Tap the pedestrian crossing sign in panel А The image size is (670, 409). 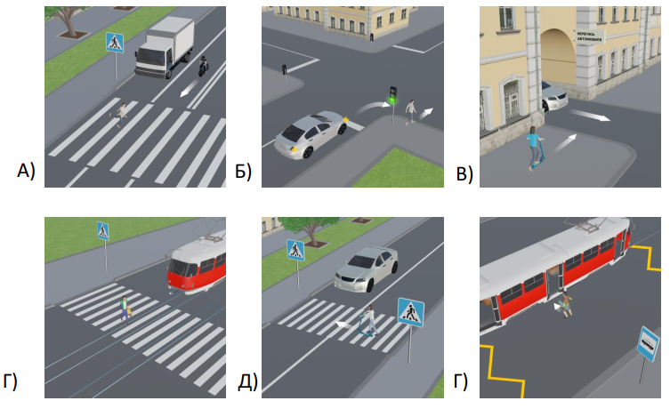click(115, 42)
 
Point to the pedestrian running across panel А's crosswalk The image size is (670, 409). click(120, 113)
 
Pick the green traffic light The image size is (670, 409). click(392, 93)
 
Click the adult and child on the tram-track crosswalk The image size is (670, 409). click(125, 308)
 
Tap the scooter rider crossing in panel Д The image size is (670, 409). click(366, 322)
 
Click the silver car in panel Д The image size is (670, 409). click(366, 268)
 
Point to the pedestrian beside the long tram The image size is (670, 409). click(563, 307)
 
